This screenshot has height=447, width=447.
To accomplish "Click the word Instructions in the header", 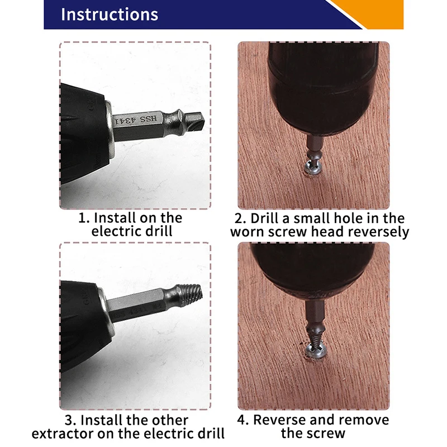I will (x=109, y=14).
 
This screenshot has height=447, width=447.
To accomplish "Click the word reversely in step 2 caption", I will (x=379, y=231).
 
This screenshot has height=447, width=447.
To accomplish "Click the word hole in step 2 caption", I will (x=354, y=217).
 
